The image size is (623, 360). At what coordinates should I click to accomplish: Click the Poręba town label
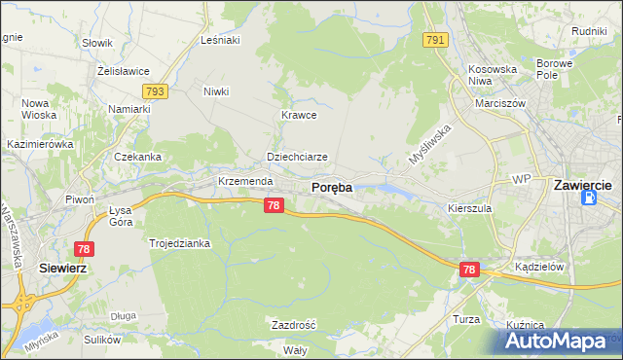tap(331, 187)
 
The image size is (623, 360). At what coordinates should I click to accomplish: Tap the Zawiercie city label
tap(581, 183)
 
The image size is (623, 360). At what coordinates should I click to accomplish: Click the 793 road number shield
tap(154, 90)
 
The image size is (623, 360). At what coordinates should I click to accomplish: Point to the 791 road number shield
tap(434, 40)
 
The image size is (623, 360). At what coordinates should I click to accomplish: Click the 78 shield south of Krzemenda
tap(274, 205)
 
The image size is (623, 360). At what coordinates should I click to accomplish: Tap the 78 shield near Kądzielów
tap(470, 270)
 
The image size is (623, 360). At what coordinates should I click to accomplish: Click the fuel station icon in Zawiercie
tap(589, 198)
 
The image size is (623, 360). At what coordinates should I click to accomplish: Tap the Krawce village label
tap(300, 115)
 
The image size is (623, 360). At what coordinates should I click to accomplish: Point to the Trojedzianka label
tap(179, 243)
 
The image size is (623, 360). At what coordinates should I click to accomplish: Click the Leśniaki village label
tap(219, 40)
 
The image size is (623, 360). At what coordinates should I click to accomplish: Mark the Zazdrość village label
tap(293, 324)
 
